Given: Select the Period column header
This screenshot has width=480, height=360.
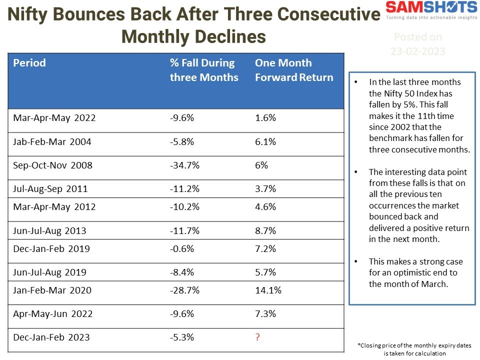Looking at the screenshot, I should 29,63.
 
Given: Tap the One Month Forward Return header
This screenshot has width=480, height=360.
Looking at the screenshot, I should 293,70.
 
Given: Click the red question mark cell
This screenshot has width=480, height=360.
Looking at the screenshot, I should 257,337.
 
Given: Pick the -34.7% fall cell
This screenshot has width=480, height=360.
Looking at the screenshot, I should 184,165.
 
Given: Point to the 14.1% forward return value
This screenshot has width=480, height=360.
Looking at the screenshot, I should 268,290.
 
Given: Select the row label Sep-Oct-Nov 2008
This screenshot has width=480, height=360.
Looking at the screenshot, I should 52,165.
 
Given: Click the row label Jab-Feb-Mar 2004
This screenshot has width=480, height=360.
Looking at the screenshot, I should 52,142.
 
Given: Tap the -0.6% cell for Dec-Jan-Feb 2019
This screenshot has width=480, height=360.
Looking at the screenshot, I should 182,248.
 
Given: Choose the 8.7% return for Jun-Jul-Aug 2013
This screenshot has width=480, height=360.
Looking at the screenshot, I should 265,231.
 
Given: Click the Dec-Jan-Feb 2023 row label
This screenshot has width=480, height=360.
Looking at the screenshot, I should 51,337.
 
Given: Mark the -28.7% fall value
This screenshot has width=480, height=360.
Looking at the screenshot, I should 184,290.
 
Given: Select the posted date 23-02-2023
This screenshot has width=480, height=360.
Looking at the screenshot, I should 417,51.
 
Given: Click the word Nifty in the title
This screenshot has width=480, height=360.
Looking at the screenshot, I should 32,15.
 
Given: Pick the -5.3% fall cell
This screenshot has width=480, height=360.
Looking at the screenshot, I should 182,337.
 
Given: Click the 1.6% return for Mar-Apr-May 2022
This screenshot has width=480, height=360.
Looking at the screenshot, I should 265,118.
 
